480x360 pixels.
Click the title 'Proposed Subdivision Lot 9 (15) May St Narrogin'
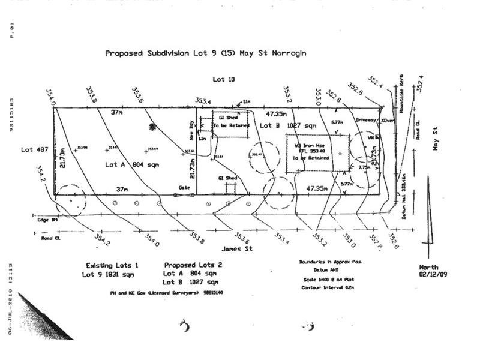(206, 53)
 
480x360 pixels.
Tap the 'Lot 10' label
(223, 79)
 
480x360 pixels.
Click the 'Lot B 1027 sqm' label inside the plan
(287, 126)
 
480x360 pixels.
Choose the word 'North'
(428, 268)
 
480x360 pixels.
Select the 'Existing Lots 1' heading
(112, 265)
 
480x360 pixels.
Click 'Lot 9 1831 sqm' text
(108, 274)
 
